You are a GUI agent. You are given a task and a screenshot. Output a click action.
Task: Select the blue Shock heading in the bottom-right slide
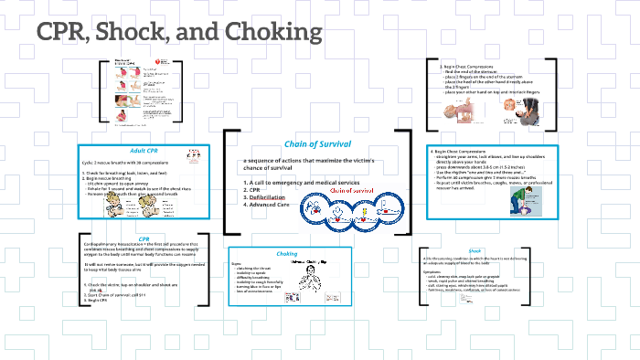475,250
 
